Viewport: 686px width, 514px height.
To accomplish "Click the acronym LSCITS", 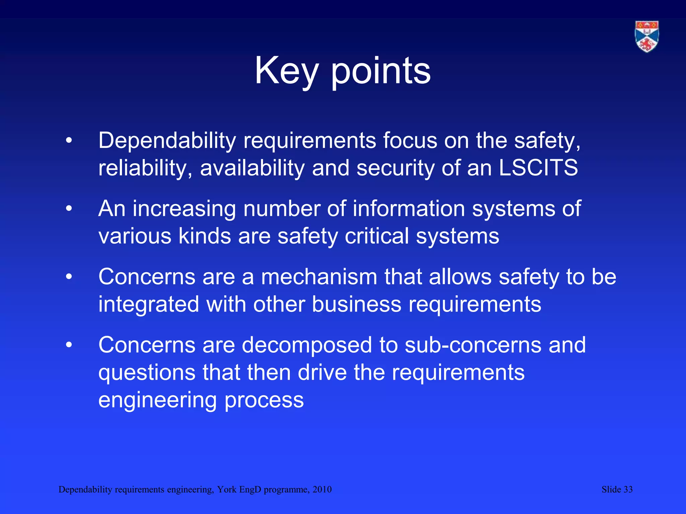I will pos(538,168).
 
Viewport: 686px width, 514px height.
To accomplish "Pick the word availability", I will pos(252,168).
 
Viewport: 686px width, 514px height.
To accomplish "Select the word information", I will pos(409,208).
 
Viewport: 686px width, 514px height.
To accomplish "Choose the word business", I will pos(356,304).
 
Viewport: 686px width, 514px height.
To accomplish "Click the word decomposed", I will pos(307,345).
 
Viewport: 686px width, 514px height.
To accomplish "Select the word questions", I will pos(147,373).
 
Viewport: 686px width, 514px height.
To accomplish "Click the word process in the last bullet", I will pos(264,400).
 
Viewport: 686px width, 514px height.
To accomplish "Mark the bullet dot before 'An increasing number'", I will pos(69,209).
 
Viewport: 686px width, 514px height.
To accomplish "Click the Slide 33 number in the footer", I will pos(617,490).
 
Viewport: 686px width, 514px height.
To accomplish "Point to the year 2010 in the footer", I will pos(322,490).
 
